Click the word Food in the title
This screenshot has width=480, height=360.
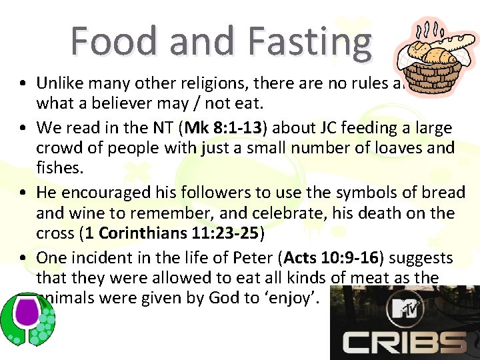coord(116,41)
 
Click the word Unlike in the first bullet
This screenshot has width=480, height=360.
coord(58,83)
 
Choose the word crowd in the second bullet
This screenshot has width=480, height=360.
coord(59,148)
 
